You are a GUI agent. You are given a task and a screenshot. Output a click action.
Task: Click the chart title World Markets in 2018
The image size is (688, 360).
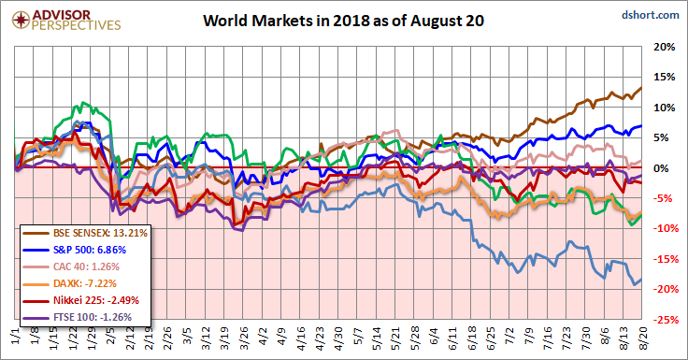tap(343, 21)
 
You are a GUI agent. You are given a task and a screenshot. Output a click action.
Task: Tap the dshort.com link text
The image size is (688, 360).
tap(651, 15)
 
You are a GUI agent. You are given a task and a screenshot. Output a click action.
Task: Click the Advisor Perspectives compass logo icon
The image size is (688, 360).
tap(21, 21)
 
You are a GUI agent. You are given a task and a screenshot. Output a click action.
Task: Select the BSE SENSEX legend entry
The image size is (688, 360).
tap(85, 233)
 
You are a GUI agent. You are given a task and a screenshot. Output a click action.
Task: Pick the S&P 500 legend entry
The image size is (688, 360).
tap(74, 250)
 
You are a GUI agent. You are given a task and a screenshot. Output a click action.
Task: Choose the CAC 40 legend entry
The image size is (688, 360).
tap(71, 266)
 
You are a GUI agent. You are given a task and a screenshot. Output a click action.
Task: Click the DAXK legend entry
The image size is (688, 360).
tap(69, 283)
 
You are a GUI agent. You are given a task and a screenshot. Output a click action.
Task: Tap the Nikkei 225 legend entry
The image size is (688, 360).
tap(80, 300)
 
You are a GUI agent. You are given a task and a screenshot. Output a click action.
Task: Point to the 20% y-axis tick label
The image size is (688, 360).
tap(665, 47)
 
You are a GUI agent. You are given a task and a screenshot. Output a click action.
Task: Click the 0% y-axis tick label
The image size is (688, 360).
tap(662, 168)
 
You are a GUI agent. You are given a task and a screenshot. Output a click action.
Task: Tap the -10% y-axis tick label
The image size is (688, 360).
tap(663, 228)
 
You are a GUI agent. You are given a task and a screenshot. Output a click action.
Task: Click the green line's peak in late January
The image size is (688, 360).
tap(83, 103)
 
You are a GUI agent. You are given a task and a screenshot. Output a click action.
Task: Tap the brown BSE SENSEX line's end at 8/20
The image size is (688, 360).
tap(641, 88)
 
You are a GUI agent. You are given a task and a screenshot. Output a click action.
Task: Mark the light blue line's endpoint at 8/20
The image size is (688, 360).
tap(641, 280)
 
